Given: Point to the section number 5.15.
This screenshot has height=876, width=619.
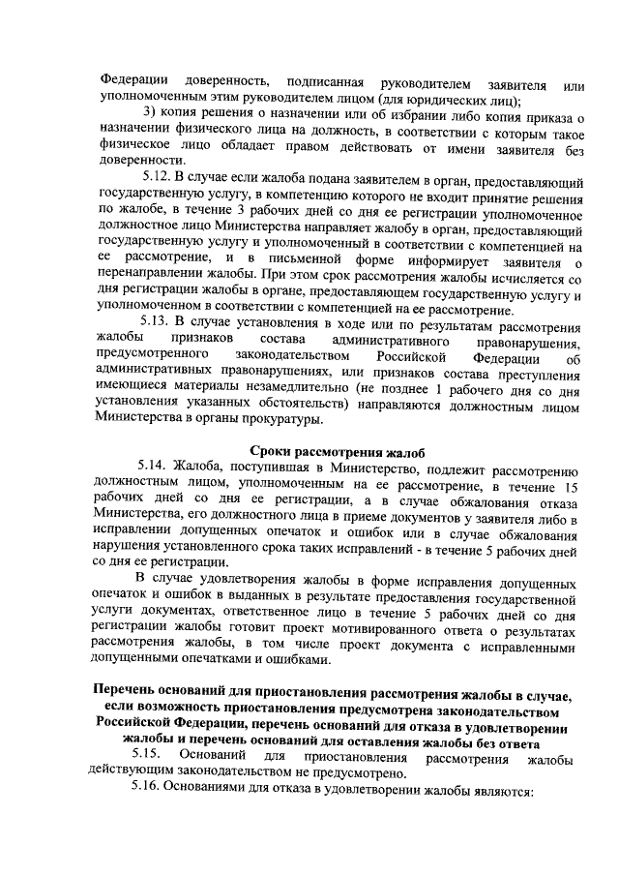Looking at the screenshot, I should (x=148, y=754).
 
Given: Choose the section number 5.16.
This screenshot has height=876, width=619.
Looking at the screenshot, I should (x=152, y=790).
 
